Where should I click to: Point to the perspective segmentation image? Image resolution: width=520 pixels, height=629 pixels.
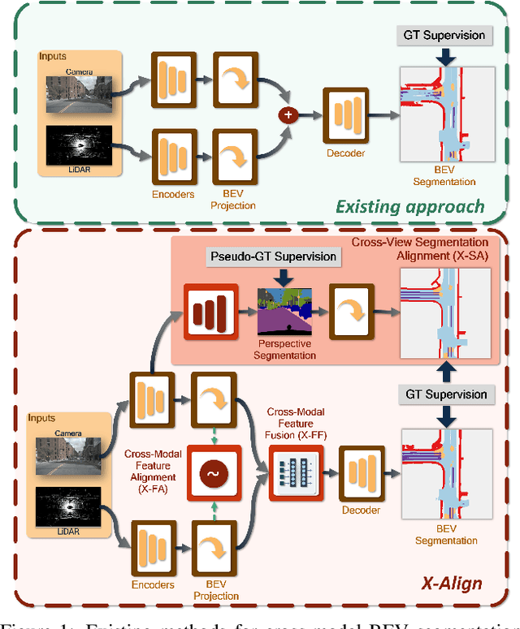tap(285, 312)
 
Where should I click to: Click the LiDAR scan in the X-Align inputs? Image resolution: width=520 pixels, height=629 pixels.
tap(68, 511)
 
